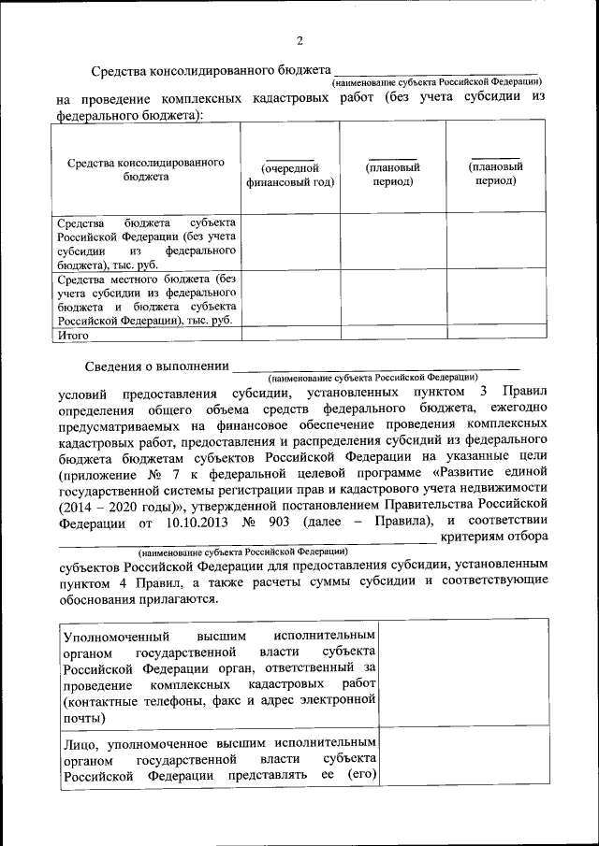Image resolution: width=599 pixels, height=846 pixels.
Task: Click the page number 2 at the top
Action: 299,41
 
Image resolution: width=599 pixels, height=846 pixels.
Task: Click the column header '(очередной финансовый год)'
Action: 290,175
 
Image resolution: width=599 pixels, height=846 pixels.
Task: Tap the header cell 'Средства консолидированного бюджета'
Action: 145,168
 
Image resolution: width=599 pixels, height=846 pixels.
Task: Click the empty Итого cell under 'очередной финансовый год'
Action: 290,332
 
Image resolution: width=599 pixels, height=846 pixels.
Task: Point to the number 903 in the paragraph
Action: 288,521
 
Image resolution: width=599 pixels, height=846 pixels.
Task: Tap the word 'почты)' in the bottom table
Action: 85,718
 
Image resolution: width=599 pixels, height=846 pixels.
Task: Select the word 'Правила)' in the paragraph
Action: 402,521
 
